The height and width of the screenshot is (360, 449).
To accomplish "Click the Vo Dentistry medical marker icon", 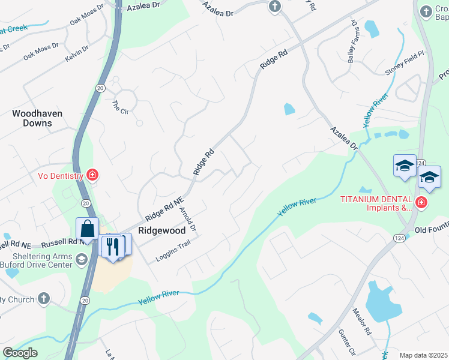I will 93,175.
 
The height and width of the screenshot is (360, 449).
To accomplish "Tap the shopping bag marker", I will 88,229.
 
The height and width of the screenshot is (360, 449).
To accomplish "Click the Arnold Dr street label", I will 188,219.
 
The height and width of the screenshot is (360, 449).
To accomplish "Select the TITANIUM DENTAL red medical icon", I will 421,202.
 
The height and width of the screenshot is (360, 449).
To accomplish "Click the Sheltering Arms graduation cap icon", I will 82,259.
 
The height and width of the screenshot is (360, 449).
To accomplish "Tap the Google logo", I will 20,353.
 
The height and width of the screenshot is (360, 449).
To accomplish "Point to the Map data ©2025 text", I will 424,355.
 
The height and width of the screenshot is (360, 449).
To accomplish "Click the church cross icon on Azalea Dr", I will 274,7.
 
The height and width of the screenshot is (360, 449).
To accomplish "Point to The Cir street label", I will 121,106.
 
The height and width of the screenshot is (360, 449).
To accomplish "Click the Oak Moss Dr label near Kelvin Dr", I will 41,50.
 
